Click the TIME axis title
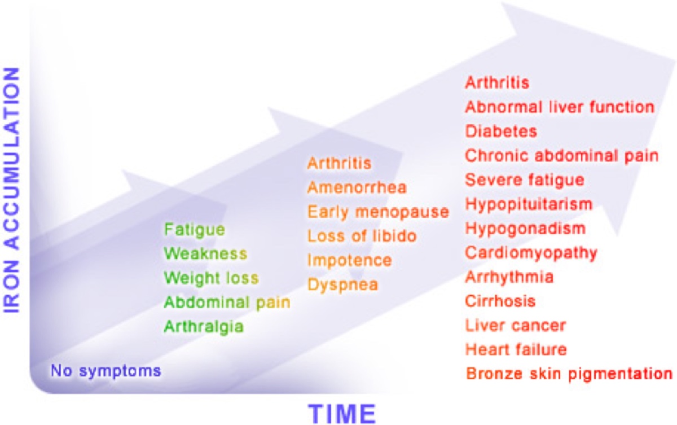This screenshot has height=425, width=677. point(342,414)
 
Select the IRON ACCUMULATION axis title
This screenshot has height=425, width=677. point(11,190)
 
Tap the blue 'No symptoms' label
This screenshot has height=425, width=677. point(106,371)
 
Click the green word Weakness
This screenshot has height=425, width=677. point(205,253)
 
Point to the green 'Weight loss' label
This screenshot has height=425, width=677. point(211,278)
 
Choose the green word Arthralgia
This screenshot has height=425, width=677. point(204,327)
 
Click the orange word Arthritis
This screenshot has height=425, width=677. point(339,163)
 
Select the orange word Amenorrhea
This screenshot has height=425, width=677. point(357,188)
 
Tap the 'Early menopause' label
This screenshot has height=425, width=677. point(378,212)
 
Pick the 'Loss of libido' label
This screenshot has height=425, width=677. point(362,236)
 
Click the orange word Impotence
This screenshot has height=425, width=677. point(349,261)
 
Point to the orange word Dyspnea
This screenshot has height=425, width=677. point(343,285)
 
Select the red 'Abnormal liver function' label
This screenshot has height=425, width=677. point(560,107)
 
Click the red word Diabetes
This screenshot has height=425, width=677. point(501,132)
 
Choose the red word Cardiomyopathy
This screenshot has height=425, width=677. point(531,253)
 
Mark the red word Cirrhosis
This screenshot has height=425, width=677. point(500,301)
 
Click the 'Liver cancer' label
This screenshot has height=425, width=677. point(516,326)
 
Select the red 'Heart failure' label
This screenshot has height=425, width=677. point(516,350)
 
